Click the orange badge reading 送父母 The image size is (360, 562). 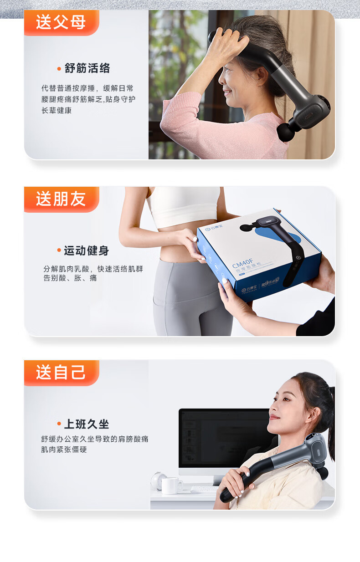[62, 23]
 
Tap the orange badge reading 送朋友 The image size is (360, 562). [62, 199]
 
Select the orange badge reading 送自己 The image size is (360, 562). [62, 373]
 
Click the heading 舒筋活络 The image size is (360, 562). [87, 68]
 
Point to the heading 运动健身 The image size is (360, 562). [87, 250]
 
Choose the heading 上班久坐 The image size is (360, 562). [87, 424]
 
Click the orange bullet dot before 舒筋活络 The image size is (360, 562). [59, 69]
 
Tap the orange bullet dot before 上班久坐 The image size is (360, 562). [59, 424]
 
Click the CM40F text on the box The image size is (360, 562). [243, 263]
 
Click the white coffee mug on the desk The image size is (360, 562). [172, 486]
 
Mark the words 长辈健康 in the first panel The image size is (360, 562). [57, 110]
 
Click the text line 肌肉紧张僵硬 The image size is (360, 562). [64, 450]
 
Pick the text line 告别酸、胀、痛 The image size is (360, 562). [70, 278]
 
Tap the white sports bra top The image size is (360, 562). [184, 206]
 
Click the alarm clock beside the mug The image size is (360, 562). [157, 480]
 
